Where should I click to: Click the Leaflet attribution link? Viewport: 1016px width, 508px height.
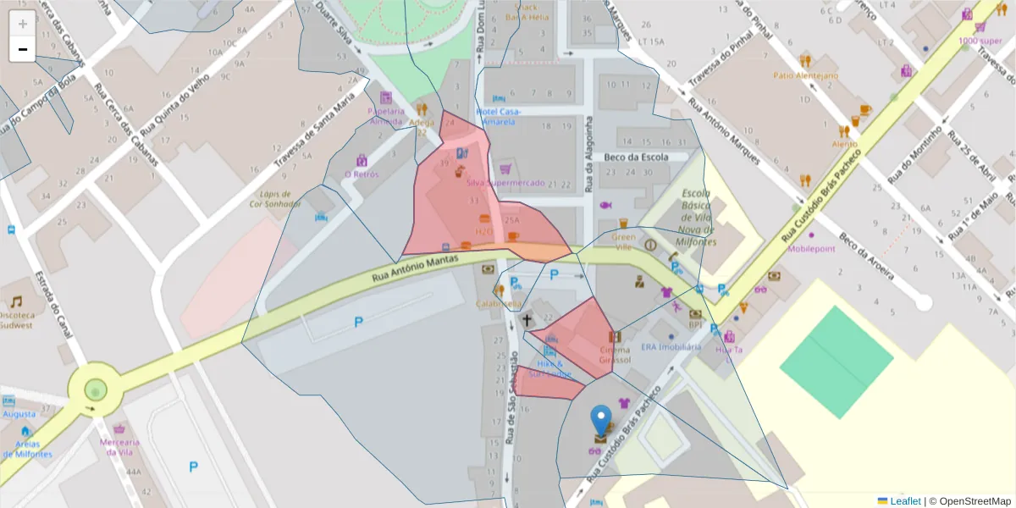click(904, 501)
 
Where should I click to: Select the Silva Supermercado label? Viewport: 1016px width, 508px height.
click(505, 183)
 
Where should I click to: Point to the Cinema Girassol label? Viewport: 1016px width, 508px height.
click(615, 355)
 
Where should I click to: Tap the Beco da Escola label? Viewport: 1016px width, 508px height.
click(636, 157)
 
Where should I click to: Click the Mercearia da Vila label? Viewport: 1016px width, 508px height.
click(119, 447)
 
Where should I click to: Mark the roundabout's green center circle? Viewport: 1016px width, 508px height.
click(95, 390)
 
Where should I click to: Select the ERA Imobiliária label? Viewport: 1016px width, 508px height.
click(671, 347)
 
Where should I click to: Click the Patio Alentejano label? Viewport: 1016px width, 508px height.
click(805, 75)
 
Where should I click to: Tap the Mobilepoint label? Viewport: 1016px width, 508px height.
click(811, 249)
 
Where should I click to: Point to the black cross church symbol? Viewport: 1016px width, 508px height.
click(527, 320)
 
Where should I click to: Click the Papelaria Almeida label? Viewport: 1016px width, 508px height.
click(386, 116)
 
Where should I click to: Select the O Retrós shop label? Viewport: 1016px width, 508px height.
click(362, 174)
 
